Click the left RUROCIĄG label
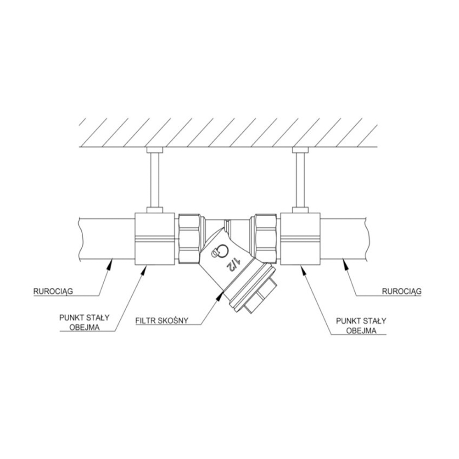[x=53, y=291]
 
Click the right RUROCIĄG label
[x=402, y=291]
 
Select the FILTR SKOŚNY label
[x=162, y=320]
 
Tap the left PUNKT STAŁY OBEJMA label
[x=84, y=323]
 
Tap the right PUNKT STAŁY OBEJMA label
[x=361, y=326]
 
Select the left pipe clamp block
[x=155, y=239]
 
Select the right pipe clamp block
[x=300, y=239]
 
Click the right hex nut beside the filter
[x=265, y=239]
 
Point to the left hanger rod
[x=155, y=180]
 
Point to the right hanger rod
[x=300, y=180]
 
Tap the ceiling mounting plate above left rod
[x=155, y=150]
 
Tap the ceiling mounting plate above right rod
[x=300, y=150]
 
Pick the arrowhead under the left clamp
[x=143, y=270]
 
